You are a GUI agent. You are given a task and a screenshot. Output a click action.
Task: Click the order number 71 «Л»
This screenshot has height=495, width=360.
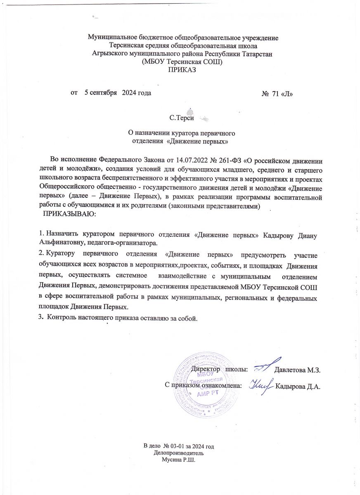click(x=281, y=93)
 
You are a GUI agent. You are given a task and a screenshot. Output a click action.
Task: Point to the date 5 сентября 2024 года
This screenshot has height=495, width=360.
click(x=118, y=93)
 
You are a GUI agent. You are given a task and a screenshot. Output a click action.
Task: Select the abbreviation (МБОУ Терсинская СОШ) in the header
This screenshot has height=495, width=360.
click(x=182, y=62)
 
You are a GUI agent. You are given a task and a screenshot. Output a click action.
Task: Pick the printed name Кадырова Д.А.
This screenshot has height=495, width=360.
click(x=298, y=387)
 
